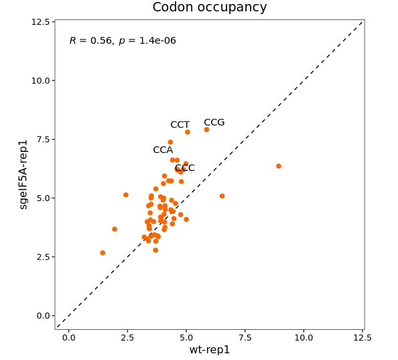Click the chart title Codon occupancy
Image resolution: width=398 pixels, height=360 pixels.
coord(210,7)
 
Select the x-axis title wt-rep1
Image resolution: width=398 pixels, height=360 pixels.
coord(210,349)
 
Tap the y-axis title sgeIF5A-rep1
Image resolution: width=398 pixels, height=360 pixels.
coord(23,175)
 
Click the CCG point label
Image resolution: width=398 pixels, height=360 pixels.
coord(214,123)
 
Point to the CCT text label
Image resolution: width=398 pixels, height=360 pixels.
coord(180,125)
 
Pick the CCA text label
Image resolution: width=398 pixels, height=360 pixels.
coord(163,149)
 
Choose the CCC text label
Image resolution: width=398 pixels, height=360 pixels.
coord(185,168)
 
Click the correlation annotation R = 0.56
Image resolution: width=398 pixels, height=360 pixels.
coord(90,41)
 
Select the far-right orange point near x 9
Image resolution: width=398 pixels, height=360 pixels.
coord(279,166)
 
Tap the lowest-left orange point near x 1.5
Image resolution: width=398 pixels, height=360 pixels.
coord(103,253)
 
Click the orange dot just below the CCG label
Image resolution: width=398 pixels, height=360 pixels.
coord(206,130)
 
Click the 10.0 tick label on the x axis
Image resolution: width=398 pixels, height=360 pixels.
coord(304,338)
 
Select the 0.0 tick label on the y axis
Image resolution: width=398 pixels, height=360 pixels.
coord(42,316)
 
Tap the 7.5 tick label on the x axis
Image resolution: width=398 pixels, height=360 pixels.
coord(245,338)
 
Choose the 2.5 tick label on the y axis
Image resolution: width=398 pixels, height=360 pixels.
coord(42,257)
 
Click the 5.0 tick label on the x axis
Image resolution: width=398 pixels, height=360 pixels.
coord(186,338)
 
